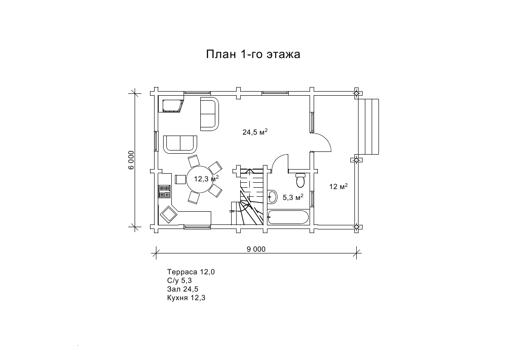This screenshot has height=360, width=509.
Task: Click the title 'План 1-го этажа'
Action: coord(253,54)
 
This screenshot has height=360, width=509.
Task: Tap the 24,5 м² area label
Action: coord(255,132)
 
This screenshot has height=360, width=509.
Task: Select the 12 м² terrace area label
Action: coord(338,186)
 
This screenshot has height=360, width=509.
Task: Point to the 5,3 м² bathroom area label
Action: coord(293,197)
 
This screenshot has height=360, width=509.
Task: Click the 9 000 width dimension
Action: coord(256,249)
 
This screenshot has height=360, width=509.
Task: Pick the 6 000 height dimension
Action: coord(131,160)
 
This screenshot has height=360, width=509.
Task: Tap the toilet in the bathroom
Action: coord(300,180)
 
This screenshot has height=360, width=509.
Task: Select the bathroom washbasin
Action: coord(272,196)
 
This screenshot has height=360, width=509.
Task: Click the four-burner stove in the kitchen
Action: coord(165,191)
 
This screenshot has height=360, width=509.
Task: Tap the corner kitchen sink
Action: coord(169,214)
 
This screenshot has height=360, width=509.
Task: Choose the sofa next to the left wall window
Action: coord(180,144)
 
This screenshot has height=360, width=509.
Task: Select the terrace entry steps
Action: coord(368,127)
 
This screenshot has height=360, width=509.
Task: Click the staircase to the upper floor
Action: coord(249,196)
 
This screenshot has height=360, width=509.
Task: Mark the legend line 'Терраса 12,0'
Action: coord(191,272)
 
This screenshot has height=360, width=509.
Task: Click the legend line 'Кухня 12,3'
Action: coord(186,298)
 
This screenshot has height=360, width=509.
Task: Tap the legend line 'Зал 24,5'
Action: coord(183,289)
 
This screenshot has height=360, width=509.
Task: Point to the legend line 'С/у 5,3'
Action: coord(179,281)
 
